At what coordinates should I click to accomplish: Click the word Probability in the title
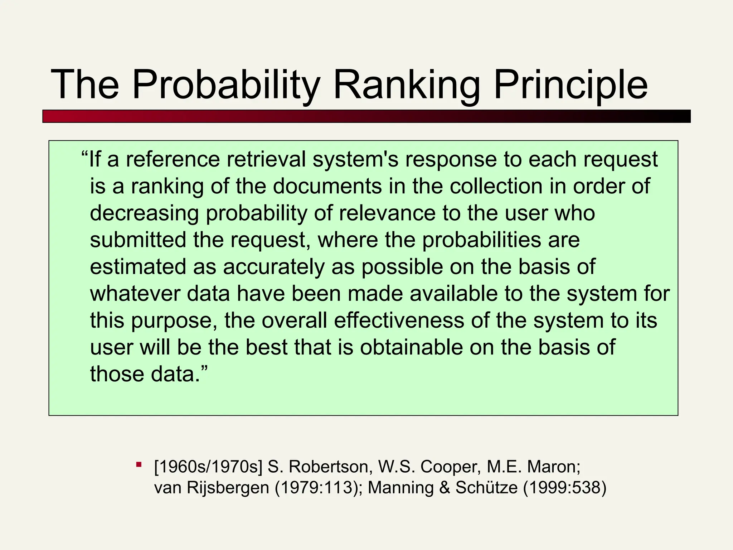coord(226,85)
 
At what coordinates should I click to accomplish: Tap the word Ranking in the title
coord(407,85)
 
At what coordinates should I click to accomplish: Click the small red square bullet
coord(139,465)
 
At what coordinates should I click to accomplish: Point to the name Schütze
coord(486,488)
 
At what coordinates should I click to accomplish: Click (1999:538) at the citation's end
coord(565,488)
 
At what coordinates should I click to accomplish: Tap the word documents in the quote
coord(327,186)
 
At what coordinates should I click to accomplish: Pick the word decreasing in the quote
coord(144,213)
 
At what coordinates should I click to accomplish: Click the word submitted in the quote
coord(138,240)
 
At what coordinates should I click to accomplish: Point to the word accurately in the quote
coord(273,267)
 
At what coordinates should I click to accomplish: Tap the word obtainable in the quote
coord(411,347)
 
